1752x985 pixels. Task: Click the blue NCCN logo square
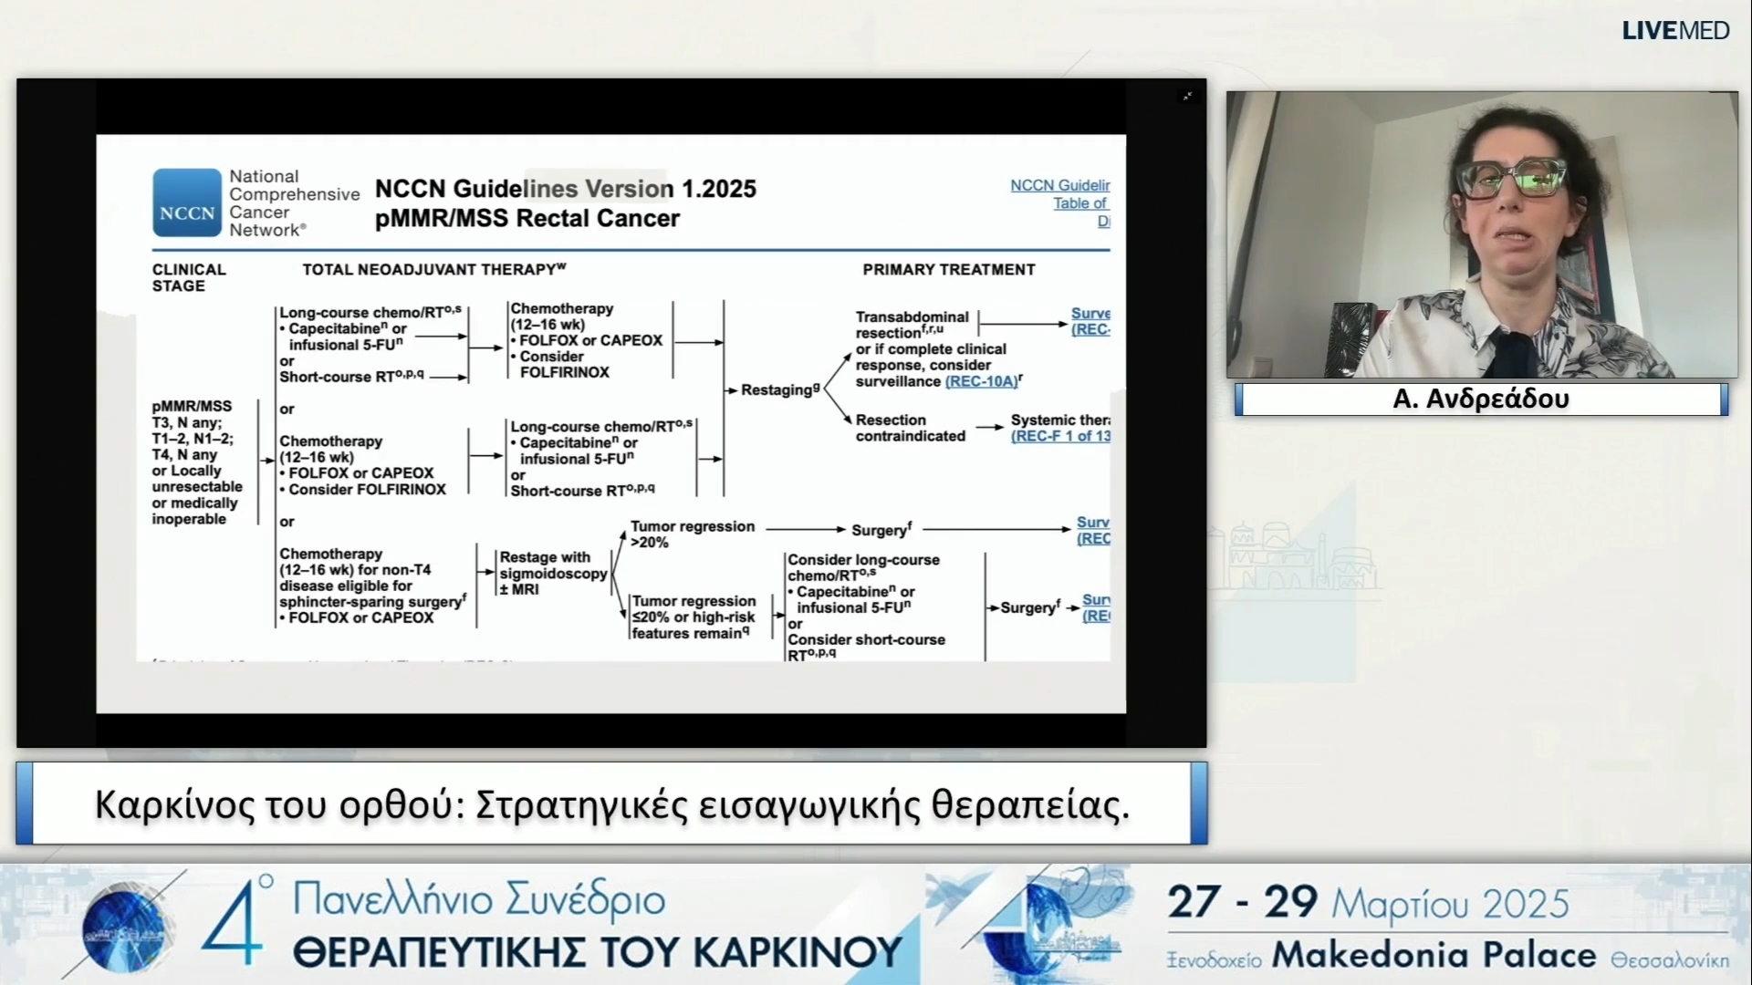pos(187,202)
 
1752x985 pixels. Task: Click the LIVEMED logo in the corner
pos(1675,31)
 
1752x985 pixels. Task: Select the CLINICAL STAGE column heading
pos(189,277)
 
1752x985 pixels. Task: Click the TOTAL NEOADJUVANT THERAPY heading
pos(433,269)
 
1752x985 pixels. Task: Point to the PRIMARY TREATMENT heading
pos(949,269)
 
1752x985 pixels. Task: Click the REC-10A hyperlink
pos(981,381)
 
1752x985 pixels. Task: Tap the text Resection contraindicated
pos(910,428)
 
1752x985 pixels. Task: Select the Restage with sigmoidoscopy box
pos(552,573)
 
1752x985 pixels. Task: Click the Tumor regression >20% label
pos(692,534)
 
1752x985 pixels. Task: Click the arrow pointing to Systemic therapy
pos(989,427)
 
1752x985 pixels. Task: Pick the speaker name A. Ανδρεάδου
pos(1480,399)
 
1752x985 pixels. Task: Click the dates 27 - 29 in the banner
pos(1242,902)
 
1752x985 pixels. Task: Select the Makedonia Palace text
pos(1434,955)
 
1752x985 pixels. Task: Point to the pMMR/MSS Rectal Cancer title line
pos(527,219)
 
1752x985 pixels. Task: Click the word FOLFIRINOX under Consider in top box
pos(564,372)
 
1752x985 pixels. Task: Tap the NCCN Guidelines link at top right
pos(1059,185)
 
